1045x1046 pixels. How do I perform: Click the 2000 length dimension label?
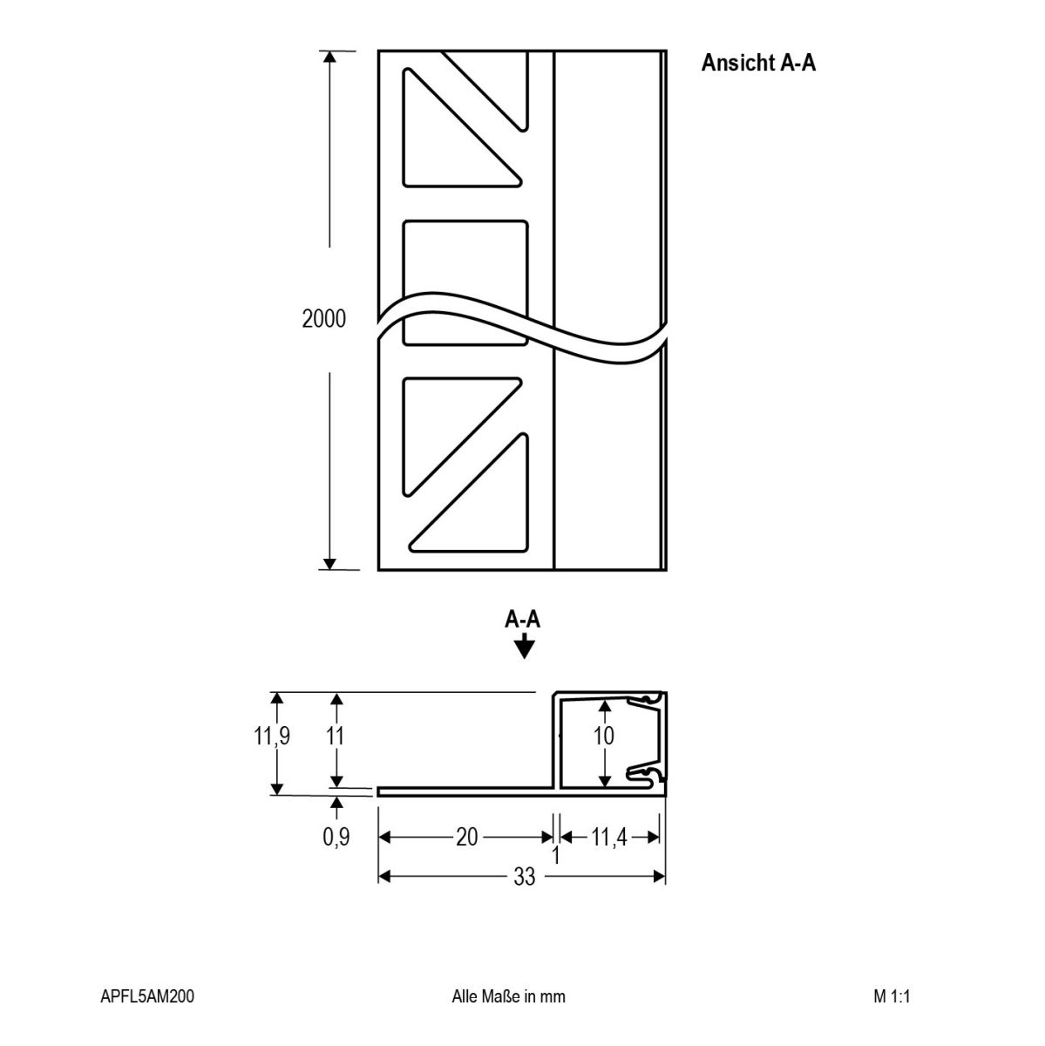click(323, 319)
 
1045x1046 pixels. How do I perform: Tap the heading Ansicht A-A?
click(758, 63)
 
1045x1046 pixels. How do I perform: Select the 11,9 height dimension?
click(271, 736)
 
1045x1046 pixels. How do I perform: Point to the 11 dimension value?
click(335, 736)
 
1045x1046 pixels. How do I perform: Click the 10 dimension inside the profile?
click(603, 736)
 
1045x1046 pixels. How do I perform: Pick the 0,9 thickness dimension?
click(336, 837)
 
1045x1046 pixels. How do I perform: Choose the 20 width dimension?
click(466, 837)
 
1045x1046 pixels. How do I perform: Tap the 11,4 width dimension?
click(608, 837)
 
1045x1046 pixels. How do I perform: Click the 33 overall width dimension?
click(524, 876)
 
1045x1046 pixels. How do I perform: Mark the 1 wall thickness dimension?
click(555, 855)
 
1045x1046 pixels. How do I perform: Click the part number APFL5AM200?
click(147, 996)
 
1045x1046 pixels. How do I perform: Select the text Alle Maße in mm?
click(508, 996)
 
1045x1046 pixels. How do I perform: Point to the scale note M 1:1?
click(892, 996)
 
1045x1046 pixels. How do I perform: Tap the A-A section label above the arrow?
click(522, 620)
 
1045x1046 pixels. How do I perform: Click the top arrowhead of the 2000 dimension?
click(329, 57)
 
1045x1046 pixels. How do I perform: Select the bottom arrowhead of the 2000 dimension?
click(329, 563)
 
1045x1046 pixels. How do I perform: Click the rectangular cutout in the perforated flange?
click(465, 282)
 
